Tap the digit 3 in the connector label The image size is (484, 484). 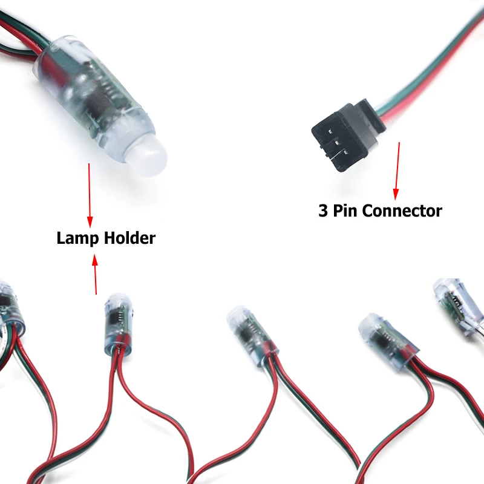click(324, 211)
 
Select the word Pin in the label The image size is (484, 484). click(346, 211)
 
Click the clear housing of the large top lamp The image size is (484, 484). click(97, 91)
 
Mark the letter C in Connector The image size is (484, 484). click(369, 211)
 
